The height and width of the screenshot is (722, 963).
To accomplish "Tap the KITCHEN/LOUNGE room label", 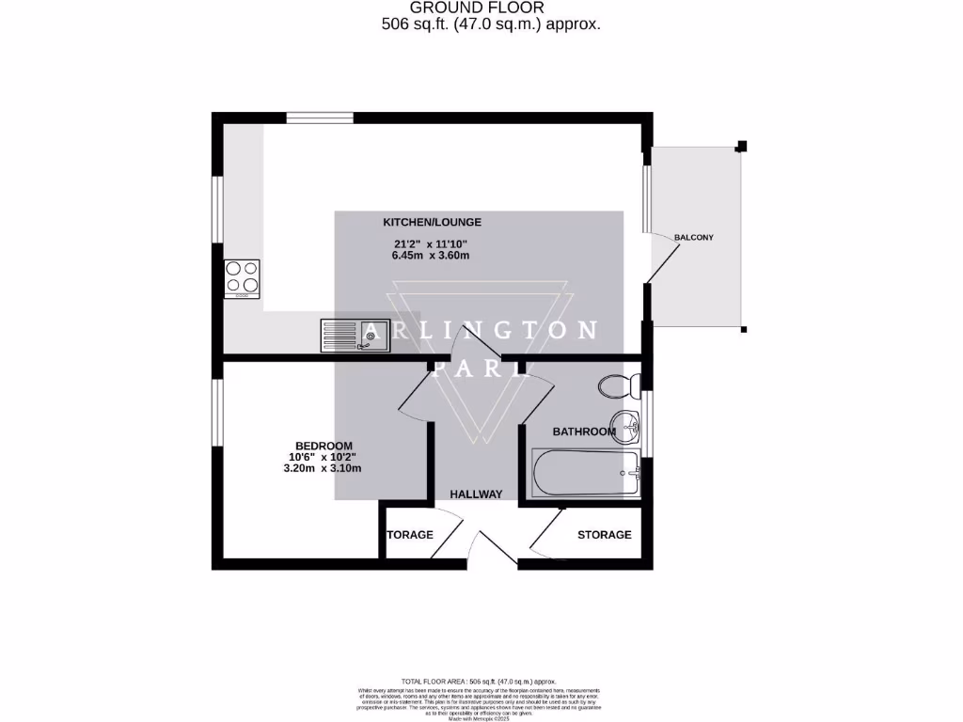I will click(432, 223).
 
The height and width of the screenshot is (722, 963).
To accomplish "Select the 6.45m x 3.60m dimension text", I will click(432, 256).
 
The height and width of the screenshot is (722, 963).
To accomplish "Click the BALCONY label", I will click(694, 238).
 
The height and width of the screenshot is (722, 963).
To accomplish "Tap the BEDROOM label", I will click(324, 446).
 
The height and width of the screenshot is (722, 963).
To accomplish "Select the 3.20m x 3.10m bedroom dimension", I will click(323, 468).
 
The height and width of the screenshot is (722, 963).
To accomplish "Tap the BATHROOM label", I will click(583, 432).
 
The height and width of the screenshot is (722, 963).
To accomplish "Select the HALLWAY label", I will click(476, 494).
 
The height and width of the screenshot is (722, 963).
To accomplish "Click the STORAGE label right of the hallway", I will click(604, 535).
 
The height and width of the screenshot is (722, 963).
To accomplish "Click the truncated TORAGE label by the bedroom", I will click(410, 535).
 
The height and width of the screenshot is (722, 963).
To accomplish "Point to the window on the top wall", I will click(320, 118).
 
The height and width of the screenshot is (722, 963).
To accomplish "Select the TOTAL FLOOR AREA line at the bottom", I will click(480, 681).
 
